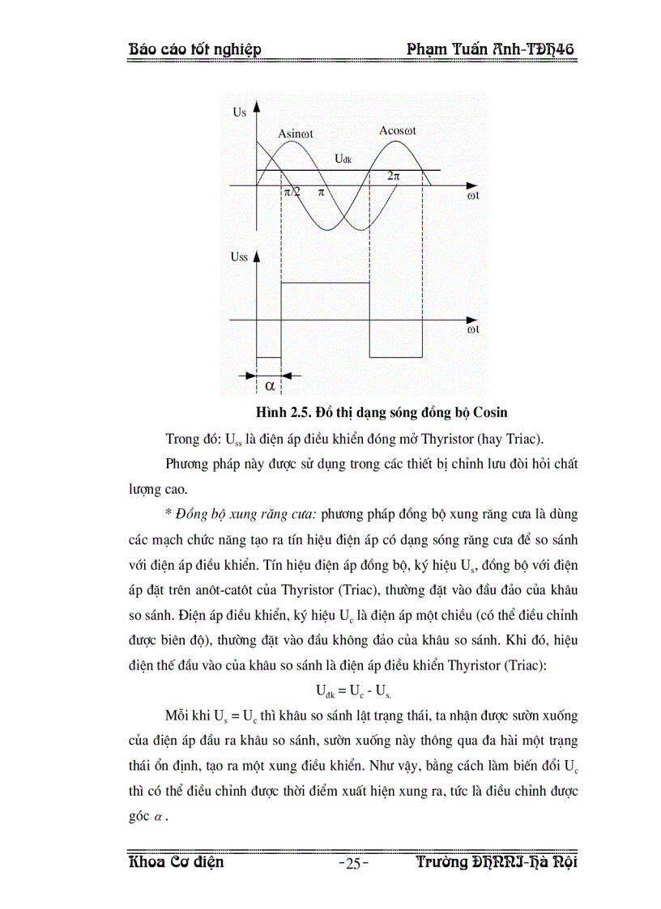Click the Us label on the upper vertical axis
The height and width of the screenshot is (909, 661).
pos(239,113)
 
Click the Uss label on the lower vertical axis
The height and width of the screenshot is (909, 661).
pos(240,257)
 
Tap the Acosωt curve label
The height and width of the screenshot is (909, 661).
pos(398,130)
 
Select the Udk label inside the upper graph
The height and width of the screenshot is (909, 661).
pos(343,159)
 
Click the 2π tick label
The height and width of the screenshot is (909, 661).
pos(394,176)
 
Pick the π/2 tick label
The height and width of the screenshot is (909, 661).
pos(291,193)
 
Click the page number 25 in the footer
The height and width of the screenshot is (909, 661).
pos(352,863)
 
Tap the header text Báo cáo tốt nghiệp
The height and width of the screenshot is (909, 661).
pos(194,50)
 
